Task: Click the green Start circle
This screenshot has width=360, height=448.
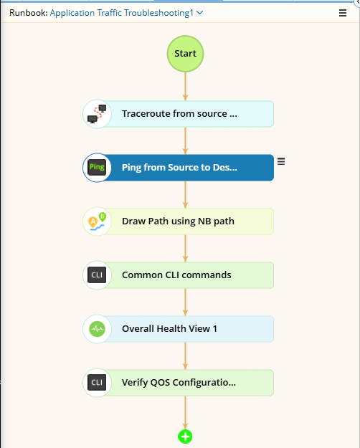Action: pos(185,54)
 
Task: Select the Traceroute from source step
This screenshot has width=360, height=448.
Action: pos(179,114)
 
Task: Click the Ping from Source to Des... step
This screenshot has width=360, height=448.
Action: pos(179,168)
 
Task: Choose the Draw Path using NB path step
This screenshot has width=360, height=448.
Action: pos(179,221)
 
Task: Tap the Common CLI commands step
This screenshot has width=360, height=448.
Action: pos(179,275)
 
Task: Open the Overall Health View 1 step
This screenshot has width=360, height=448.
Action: pos(179,329)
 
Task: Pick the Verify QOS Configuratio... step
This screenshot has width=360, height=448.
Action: pos(179,383)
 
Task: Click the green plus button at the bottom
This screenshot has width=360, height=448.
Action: pos(185,437)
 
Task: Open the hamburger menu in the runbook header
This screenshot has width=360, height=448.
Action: pos(343,13)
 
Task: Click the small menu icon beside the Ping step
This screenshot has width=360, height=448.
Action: pos(281,161)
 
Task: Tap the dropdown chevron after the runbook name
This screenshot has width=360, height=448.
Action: pos(200,13)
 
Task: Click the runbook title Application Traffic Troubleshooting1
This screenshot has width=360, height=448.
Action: pos(121,13)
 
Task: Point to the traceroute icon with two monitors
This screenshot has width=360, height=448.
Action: pos(97,114)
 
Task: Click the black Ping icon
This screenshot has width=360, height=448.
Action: pos(97,168)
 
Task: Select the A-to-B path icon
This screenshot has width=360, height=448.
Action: pos(98,221)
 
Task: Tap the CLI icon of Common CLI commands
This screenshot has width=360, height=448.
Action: pos(97,275)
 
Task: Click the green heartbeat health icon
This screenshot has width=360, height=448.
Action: pos(97,329)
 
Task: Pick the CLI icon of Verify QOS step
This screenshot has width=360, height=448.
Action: pos(97,382)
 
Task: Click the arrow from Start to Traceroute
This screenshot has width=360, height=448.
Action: pos(185,86)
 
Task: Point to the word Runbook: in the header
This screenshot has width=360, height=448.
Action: pos(29,13)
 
